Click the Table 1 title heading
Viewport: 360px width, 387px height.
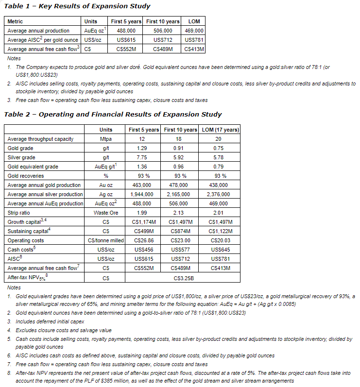77,6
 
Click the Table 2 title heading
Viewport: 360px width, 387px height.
113,115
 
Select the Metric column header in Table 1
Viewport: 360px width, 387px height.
16,21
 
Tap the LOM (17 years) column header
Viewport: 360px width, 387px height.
220,130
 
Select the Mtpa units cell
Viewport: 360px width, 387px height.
105,139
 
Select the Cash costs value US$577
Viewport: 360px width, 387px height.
181,250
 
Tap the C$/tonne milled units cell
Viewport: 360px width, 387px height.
105,240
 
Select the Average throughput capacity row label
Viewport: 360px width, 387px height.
41,139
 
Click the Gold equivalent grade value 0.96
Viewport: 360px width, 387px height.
181,167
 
